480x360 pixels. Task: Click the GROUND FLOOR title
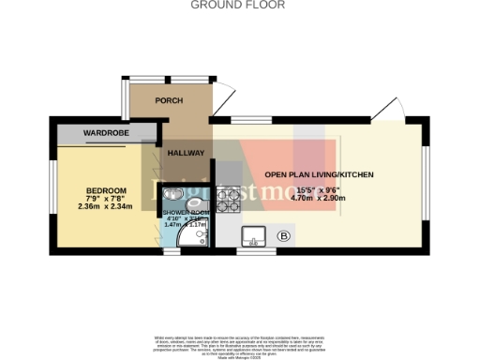239,5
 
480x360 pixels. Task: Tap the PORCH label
169,101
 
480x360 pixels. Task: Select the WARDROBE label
105,133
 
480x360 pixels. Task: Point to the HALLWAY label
186,152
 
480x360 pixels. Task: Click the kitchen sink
252,234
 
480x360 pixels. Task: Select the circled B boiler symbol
284,235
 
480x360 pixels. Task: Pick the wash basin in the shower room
172,193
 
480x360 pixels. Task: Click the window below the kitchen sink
250,251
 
